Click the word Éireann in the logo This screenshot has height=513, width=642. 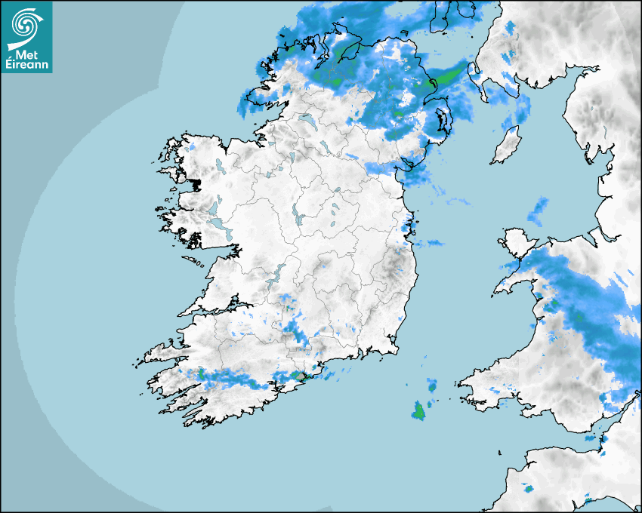(26, 65)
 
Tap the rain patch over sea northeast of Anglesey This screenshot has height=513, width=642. (539, 210)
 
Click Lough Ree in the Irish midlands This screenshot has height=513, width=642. (298, 216)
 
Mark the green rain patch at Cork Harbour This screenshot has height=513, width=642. (300, 375)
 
